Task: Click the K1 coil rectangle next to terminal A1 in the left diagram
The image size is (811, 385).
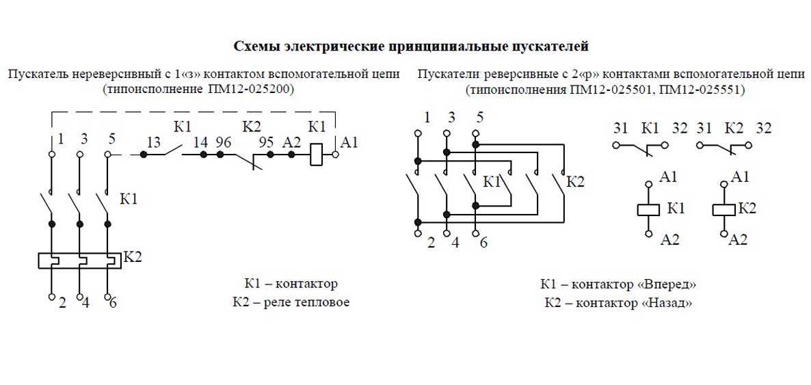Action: point(317,155)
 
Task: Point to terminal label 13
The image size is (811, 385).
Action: point(153,142)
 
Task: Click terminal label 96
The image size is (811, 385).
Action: point(223,142)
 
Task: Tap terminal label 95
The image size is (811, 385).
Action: point(266,142)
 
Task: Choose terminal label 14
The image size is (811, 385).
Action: point(200,142)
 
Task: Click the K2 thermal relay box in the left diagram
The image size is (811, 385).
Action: point(79,261)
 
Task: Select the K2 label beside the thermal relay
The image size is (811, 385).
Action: point(133,256)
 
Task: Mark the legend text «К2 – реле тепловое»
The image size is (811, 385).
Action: point(291,302)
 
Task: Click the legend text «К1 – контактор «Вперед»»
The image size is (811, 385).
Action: point(618,284)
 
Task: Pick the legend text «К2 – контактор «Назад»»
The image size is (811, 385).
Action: point(618,303)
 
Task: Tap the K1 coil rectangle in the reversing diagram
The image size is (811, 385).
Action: point(648,209)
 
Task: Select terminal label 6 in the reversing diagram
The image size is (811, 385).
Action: point(483,242)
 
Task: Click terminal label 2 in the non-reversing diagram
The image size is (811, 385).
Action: point(62,303)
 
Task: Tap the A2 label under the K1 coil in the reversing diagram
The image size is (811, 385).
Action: point(670,239)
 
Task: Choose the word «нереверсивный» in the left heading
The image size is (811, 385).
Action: point(110,75)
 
